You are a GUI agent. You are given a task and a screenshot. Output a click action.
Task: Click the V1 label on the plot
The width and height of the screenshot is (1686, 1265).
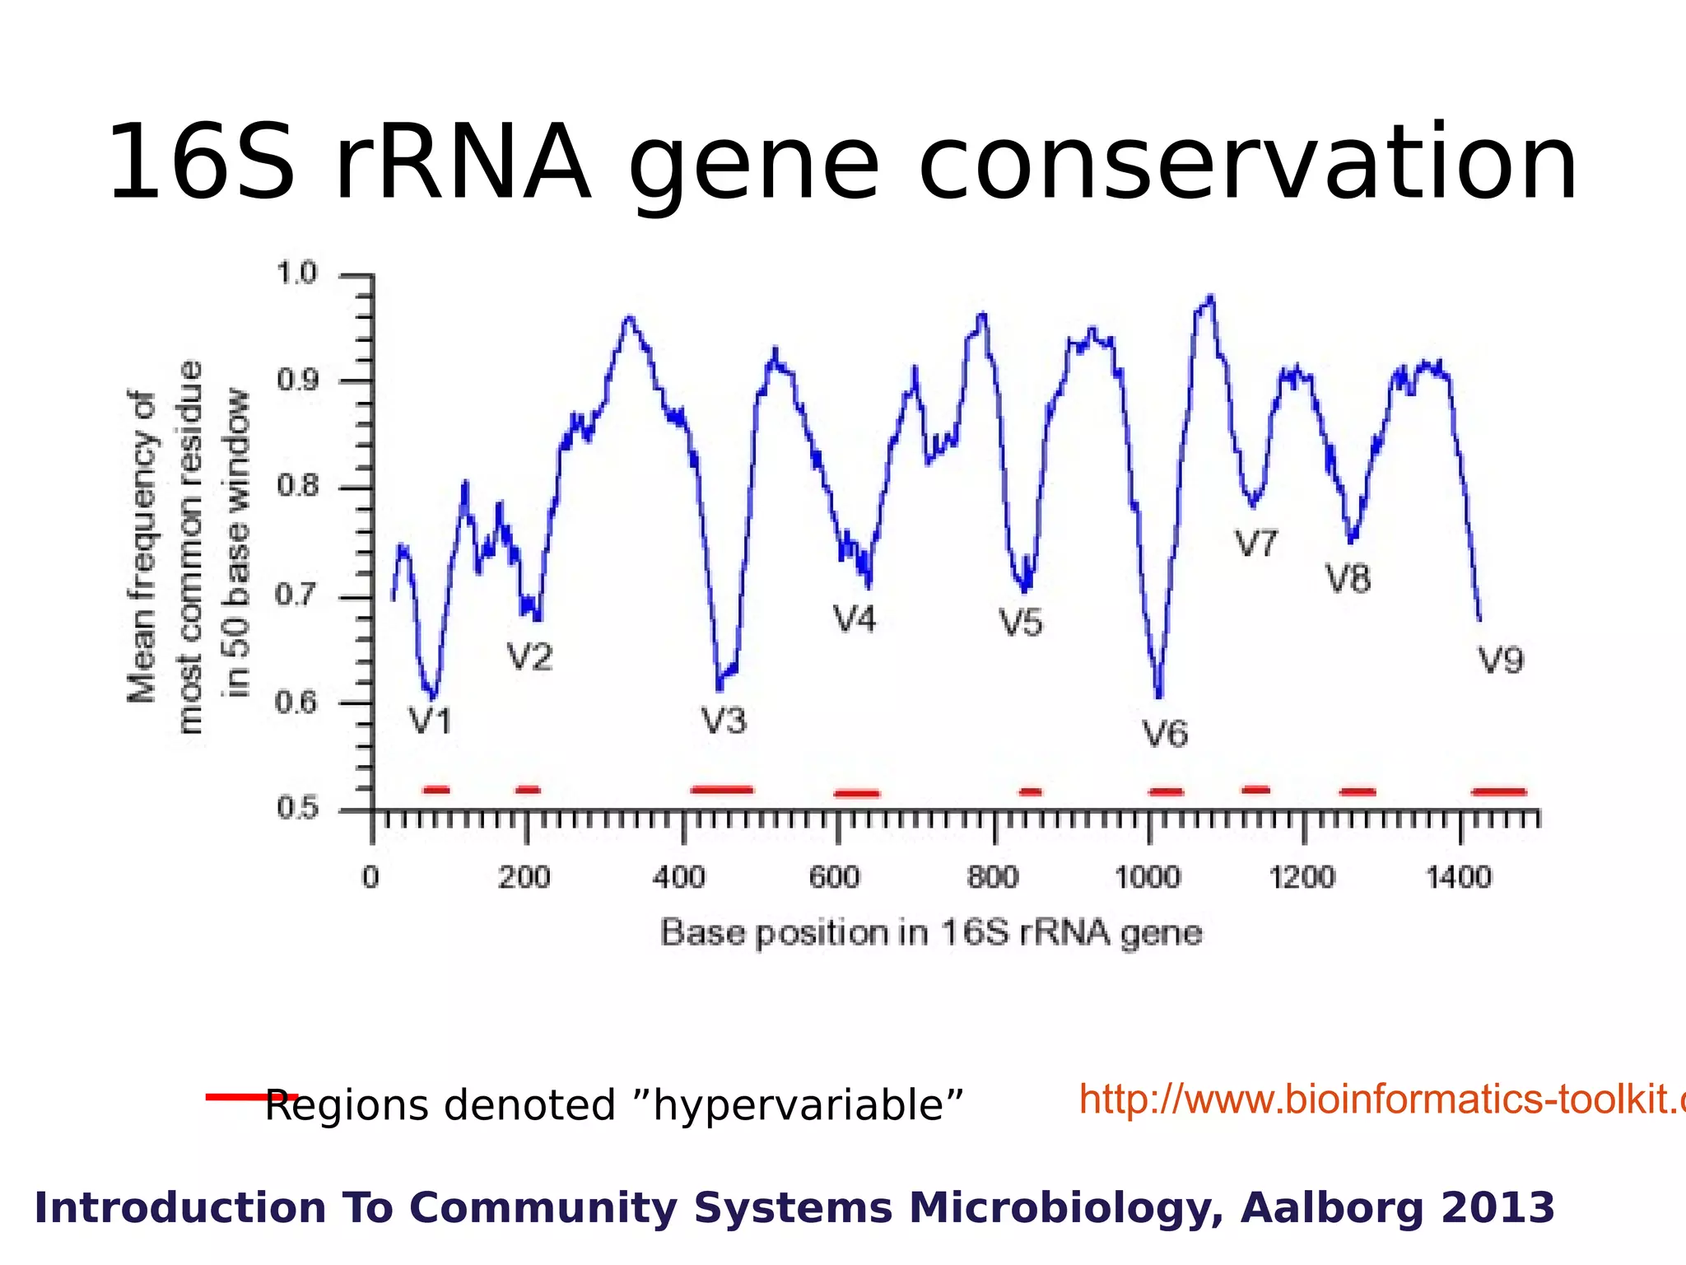pos(431,721)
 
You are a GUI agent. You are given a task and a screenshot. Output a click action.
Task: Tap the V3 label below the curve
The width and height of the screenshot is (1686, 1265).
pos(724,721)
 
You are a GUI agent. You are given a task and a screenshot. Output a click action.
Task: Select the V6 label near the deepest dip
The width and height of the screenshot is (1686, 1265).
pos(1165,734)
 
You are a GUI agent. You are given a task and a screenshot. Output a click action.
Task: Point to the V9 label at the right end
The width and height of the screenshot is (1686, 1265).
pos(1500,661)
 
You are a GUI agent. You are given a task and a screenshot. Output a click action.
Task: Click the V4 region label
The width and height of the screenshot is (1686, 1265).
pos(855,619)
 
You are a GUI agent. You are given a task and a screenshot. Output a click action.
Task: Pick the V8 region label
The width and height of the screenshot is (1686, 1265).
pos(1348,580)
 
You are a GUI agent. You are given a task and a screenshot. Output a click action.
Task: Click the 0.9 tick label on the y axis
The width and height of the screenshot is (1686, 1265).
pos(296,380)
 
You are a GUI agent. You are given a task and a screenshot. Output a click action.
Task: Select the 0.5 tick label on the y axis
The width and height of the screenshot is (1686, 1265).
pos(296,808)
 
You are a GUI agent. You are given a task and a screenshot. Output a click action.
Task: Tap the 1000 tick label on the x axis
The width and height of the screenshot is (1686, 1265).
pos(1147,878)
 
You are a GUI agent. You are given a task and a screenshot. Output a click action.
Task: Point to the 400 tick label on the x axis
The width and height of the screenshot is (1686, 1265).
pos(679,878)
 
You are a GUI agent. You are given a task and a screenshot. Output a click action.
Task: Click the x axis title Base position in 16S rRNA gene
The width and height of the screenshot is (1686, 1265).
pos(931,933)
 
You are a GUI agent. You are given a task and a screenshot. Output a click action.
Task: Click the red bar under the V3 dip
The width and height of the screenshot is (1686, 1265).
pos(722,790)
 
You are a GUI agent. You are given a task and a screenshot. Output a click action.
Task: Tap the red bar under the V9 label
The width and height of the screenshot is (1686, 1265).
pos(1499,791)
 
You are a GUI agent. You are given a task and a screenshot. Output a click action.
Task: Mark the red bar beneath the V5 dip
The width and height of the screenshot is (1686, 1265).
pos(1031,792)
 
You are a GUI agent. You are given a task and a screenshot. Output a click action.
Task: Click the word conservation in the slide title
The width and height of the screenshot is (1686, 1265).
pos(1247,162)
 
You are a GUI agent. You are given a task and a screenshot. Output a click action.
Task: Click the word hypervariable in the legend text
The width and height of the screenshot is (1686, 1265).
pos(807,1106)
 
